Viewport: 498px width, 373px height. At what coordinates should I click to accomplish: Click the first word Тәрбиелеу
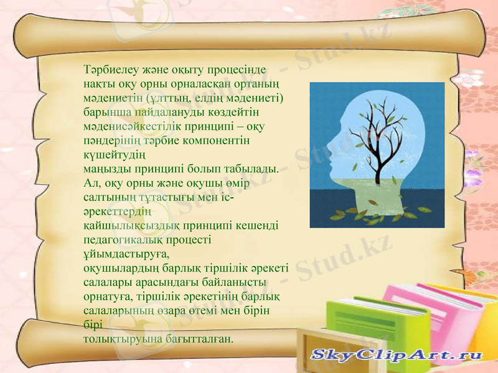point(108,68)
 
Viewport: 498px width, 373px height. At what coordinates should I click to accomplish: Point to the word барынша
point(103,112)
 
